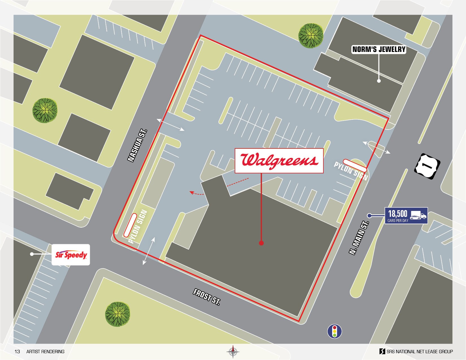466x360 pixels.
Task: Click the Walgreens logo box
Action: coord(279,161)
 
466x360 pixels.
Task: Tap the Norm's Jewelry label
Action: coord(379,49)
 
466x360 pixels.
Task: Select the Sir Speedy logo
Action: coord(71,255)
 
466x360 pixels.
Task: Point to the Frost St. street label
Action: coord(207,297)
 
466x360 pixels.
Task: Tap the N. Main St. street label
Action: coord(359,238)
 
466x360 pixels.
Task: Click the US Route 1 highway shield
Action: coord(427,166)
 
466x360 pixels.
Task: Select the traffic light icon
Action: coord(334,331)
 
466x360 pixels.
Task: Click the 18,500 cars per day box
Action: coord(406,216)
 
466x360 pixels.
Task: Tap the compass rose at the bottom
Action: coord(233,352)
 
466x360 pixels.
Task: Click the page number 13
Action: coord(17,352)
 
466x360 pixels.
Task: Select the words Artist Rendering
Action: coord(45,352)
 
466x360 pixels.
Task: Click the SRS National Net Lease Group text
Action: coord(419,352)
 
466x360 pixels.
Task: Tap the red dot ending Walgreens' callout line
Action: coord(261,243)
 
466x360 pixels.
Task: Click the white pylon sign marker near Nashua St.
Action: coord(130,225)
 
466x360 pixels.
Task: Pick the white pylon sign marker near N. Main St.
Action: coord(355,166)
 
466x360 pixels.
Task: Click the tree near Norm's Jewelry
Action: coord(311,36)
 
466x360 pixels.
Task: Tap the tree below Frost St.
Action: coord(117,314)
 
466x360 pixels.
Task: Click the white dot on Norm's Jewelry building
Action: coord(379,81)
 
